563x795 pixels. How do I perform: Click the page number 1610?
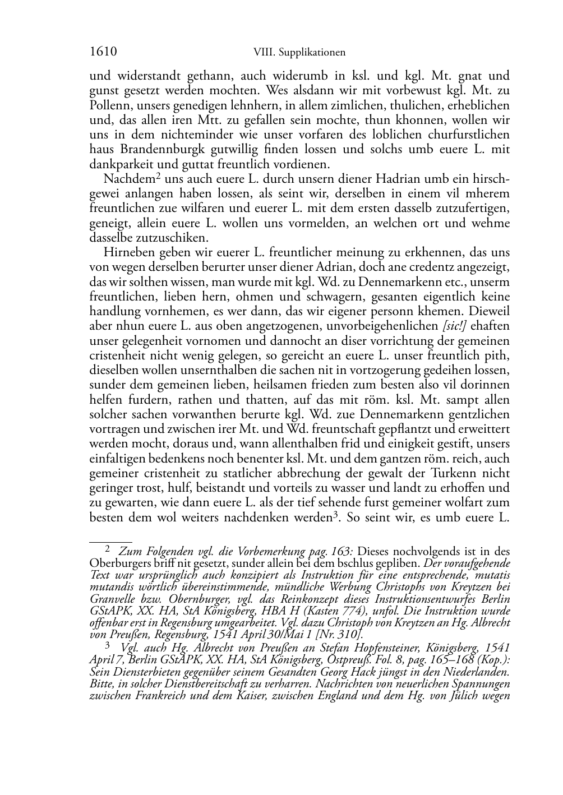point(103,52)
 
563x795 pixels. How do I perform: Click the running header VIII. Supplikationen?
point(299,53)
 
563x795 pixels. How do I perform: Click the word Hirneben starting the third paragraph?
point(126,252)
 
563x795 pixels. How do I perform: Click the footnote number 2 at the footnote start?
point(108,550)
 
